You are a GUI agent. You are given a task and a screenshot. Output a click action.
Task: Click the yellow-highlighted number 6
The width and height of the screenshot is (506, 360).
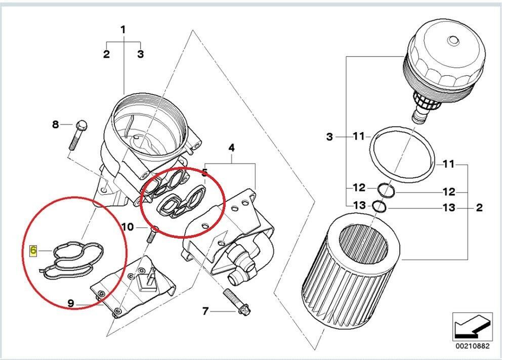point(33,250)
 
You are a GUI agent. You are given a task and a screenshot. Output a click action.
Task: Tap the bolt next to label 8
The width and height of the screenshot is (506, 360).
point(78,135)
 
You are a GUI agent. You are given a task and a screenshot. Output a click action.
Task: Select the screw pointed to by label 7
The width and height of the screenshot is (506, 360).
point(237,302)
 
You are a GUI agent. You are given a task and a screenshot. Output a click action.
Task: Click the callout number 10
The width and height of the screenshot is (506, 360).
point(128,227)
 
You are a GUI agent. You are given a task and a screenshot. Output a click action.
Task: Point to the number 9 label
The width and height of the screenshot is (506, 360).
point(71,303)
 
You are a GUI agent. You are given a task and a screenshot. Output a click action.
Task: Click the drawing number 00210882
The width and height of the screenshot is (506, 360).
point(473,346)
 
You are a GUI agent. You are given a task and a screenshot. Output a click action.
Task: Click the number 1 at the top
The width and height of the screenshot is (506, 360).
point(123,30)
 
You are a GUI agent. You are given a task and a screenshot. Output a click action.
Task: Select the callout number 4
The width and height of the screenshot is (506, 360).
point(231,148)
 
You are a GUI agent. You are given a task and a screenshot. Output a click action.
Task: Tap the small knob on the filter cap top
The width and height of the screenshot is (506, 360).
point(453,40)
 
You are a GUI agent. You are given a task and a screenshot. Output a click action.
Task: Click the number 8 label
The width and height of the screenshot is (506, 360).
point(56,124)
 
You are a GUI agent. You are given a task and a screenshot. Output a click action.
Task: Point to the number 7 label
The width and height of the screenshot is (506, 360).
point(205,311)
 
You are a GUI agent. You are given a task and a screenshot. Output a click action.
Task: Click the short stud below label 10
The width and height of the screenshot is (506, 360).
point(152,235)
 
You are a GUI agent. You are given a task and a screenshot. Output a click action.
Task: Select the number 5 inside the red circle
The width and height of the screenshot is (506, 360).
point(204,172)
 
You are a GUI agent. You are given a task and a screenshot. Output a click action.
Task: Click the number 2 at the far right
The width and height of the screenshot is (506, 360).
point(479,207)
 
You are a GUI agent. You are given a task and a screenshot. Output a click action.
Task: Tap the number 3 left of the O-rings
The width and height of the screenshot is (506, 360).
point(329,137)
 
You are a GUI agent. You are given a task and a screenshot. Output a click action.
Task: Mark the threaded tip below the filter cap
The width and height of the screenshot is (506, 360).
point(421,114)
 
